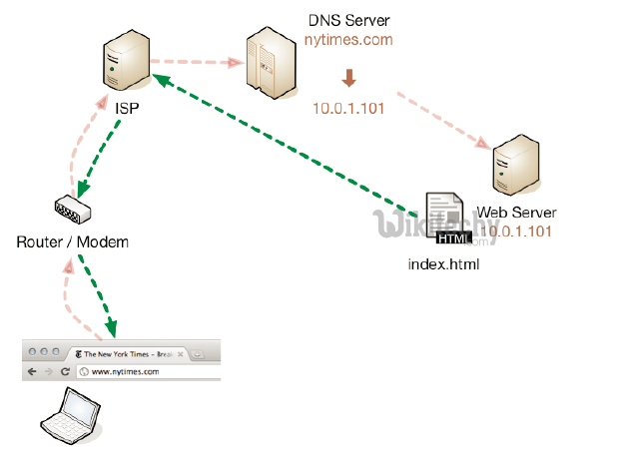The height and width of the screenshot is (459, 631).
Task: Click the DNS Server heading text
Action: [x=348, y=21]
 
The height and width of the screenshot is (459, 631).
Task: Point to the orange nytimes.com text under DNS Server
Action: [x=348, y=41]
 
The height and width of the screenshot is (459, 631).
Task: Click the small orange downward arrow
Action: [x=349, y=78]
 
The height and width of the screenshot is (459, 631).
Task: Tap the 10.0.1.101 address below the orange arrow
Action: [x=348, y=108]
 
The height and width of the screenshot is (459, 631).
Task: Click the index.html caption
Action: [x=445, y=264]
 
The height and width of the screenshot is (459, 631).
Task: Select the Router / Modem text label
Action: [x=73, y=242]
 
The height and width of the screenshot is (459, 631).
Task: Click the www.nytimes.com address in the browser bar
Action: [x=126, y=371]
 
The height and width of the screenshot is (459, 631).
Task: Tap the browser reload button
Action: [x=66, y=371]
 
